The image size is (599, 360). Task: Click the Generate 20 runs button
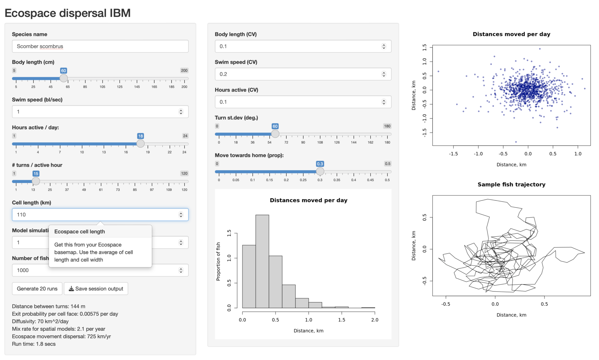coord(37,289)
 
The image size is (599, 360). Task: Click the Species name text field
coord(100,46)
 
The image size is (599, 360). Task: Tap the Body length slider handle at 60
coord(63,78)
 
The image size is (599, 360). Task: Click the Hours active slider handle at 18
coord(140,144)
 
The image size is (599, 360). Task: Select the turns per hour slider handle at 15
coord(36,181)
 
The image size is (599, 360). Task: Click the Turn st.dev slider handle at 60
coord(275,134)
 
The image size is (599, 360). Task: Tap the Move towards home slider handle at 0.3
coord(320,171)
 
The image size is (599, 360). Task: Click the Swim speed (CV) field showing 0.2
coord(298,74)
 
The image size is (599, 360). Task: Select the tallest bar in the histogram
coord(262,261)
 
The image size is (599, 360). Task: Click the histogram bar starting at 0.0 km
coord(249,276)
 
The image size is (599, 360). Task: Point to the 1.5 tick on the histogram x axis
coord(342,320)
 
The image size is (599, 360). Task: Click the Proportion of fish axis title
coord(218,261)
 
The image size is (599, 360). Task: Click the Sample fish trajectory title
coord(511,185)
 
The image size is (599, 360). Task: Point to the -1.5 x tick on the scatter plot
coord(453,154)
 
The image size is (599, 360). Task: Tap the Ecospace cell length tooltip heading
coord(80,232)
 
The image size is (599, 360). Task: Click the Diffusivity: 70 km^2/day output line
coord(40,321)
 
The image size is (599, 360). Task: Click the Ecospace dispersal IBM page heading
coord(68,13)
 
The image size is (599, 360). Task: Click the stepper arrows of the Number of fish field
coord(181,270)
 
